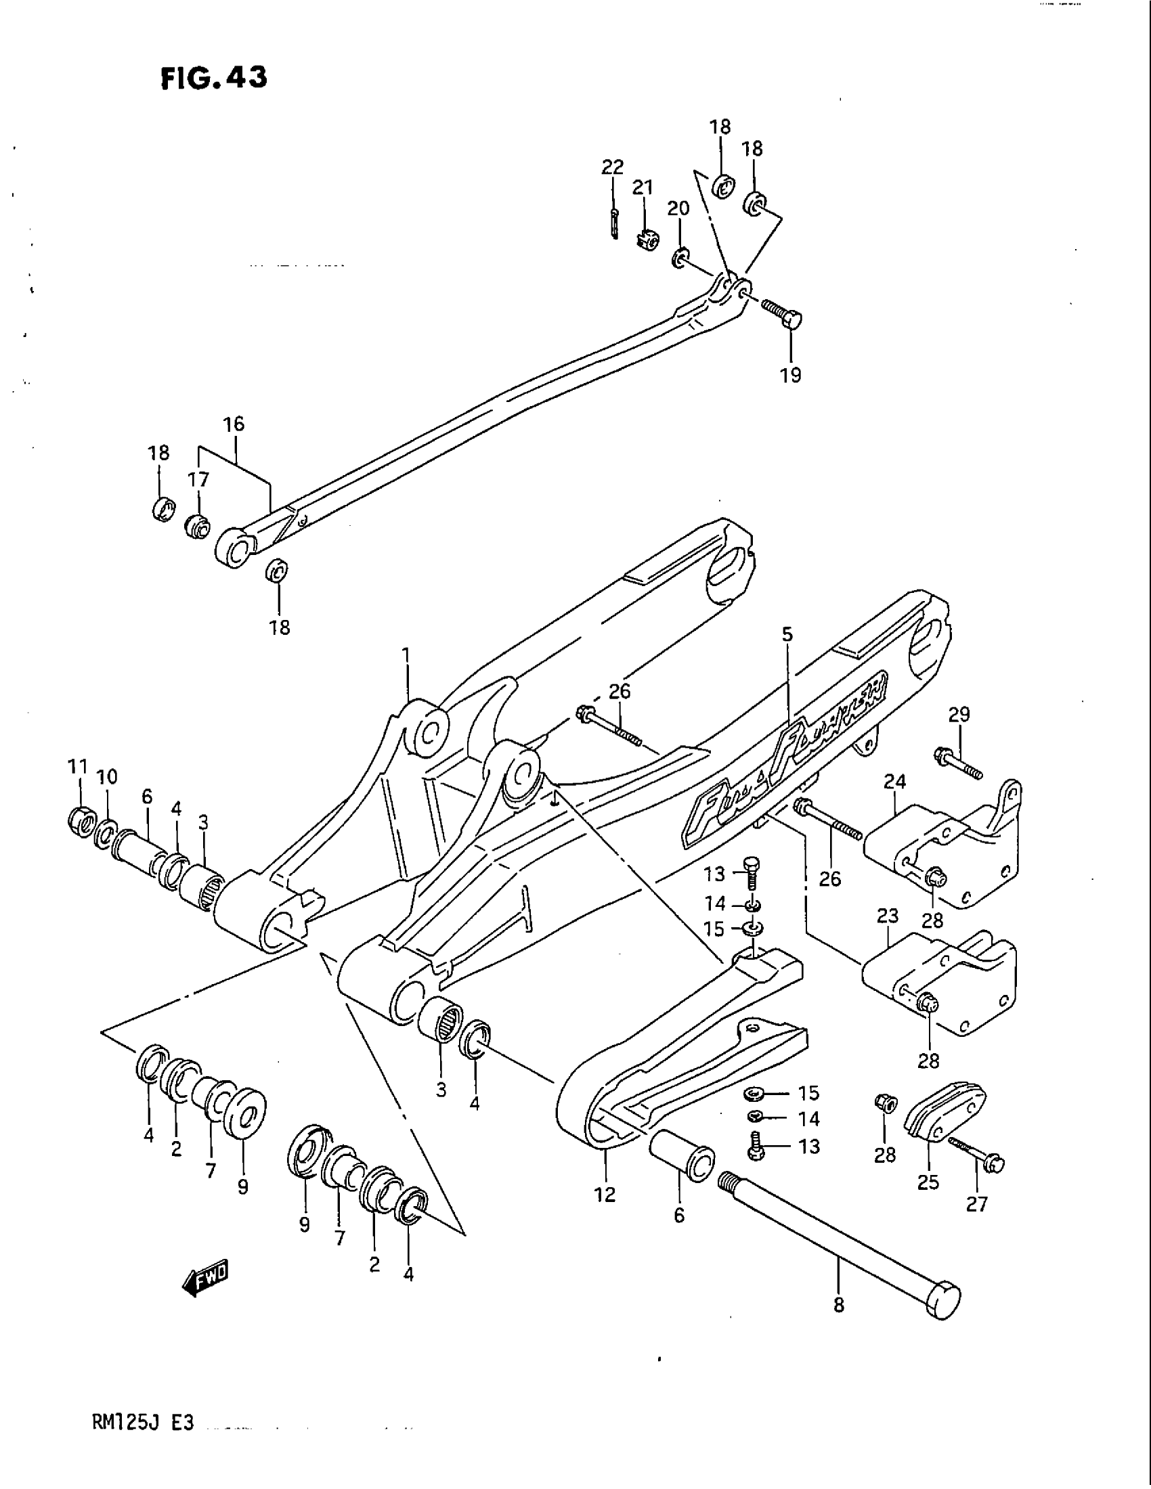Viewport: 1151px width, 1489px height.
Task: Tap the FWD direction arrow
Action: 206,1285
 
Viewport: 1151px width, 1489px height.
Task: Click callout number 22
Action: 612,166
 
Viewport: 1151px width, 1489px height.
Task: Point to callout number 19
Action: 791,374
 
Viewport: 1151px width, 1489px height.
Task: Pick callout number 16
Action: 233,424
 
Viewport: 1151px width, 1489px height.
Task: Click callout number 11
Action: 79,766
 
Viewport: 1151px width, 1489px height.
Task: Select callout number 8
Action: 838,1305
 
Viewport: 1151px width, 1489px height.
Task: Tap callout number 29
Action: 959,715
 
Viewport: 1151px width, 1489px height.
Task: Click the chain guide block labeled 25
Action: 943,1118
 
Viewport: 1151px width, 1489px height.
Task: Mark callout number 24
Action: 895,781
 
